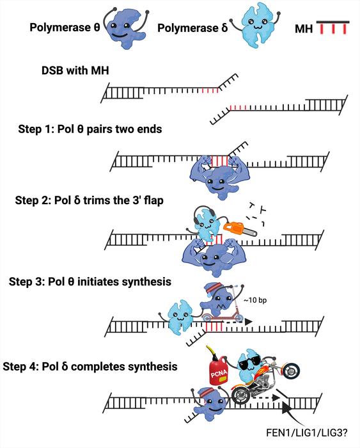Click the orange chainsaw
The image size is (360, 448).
pyautogui.click(x=239, y=228)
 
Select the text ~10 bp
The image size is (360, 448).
pyautogui.click(x=255, y=300)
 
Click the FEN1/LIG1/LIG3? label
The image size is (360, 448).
pyautogui.click(x=307, y=433)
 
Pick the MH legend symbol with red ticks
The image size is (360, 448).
pyautogui.click(x=333, y=28)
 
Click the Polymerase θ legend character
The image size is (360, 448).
pyautogui.click(x=125, y=28)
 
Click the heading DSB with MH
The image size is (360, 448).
pyautogui.click(x=75, y=70)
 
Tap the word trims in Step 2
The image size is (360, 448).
pyautogui.click(x=97, y=200)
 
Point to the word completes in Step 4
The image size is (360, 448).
pyautogui.click(x=97, y=367)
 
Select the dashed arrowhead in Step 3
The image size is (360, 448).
pyautogui.click(x=248, y=322)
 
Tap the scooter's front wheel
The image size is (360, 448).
pyautogui.click(x=239, y=317)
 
